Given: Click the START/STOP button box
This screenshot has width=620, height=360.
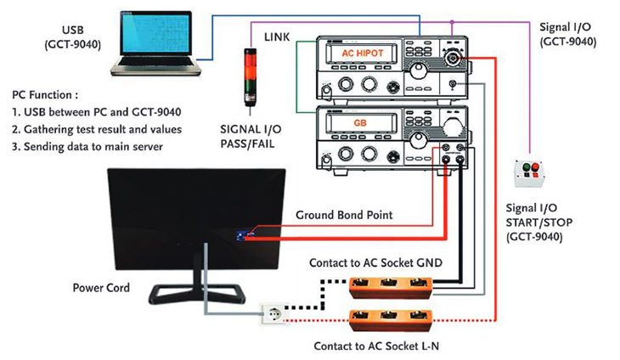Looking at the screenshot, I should pos(531,173).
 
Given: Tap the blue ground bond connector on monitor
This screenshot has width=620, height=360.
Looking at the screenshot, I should pos(242,235).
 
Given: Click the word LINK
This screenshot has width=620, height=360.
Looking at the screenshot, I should pos(279,37).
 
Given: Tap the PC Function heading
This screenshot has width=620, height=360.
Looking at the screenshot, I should pos(48,94).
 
